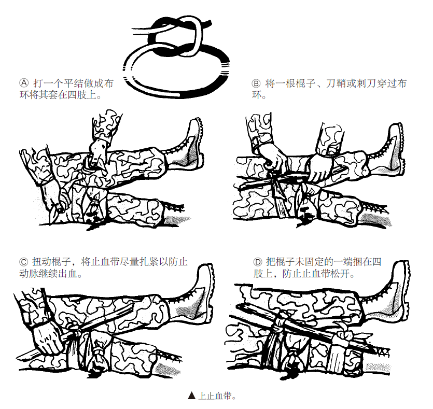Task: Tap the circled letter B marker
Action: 256,83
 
